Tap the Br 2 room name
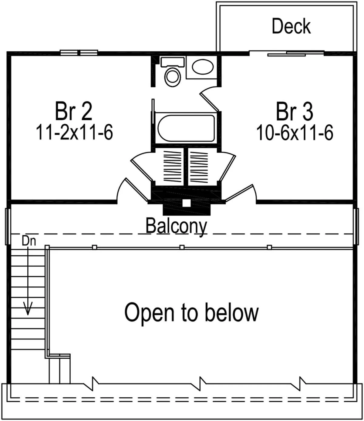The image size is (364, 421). [74, 111]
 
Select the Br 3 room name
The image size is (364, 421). [294, 111]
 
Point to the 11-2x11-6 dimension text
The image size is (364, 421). [74, 133]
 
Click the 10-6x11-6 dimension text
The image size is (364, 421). [295, 133]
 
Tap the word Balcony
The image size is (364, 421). [176, 226]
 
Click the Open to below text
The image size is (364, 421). [191, 312]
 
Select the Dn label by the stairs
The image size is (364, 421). [29, 241]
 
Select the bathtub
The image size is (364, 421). [186, 128]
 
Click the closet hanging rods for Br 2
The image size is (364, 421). [169, 166]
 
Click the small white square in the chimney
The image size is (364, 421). [186, 203]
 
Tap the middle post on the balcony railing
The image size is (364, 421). [182, 247]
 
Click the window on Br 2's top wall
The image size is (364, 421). [79, 53]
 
